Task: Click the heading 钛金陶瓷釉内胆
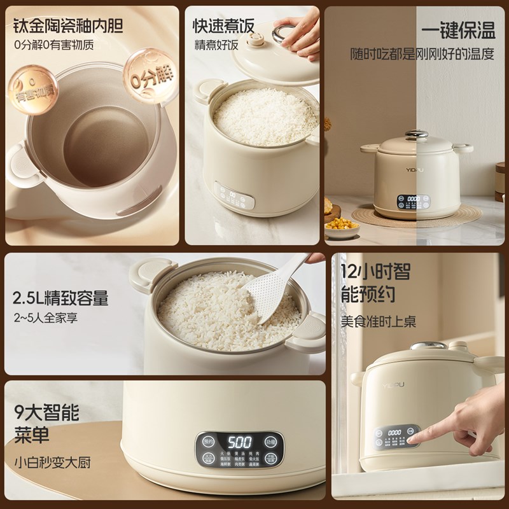(x=68, y=25)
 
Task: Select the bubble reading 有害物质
(x=33, y=91)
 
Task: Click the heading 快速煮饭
(x=224, y=25)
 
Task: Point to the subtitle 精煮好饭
(x=216, y=45)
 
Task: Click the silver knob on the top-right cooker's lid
(x=416, y=134)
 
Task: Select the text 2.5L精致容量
(x=60, y=298)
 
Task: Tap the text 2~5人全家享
(x=45, y=318)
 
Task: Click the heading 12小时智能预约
(x=375, y=282)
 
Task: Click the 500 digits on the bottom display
(x=239, y=442)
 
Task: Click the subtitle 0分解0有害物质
(x=55, y=45)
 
